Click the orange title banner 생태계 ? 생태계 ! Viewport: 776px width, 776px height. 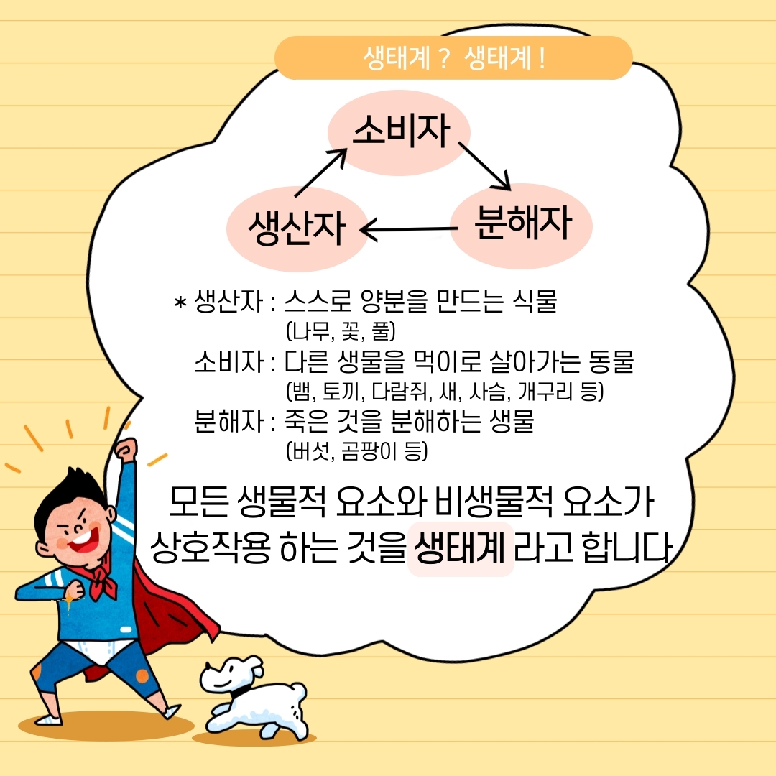(x=453, y=58)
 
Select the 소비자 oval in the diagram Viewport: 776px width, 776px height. (x=399, y=132)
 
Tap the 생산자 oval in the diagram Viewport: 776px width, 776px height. (x=297, y=229)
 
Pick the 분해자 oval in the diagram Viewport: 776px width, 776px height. (x=522, y=226)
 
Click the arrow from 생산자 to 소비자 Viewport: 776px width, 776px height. (x=320, y=172)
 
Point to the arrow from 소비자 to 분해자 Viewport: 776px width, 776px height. (x=484, y=166)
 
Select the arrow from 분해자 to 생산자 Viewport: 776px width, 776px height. (x=409, y=230)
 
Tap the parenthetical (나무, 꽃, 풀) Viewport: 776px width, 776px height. (x=341, y=331)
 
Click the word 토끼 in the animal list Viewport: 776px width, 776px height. (x=340, y=392)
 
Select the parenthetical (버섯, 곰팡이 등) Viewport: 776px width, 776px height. (x=357, y=451)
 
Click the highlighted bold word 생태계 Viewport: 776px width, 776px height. (x=461, y=548)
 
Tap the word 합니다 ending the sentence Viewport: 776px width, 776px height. (x=627, y=548)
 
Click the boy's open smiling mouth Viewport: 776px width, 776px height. (x=84, y=542)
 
